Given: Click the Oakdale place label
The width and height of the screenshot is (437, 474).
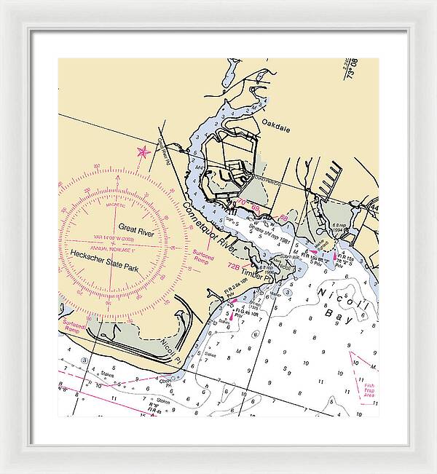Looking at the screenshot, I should [x=276, y=125].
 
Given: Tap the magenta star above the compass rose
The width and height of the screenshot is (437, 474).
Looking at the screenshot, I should [x=143, y=151].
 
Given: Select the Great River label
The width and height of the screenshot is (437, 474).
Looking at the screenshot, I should [x=133, y=227].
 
